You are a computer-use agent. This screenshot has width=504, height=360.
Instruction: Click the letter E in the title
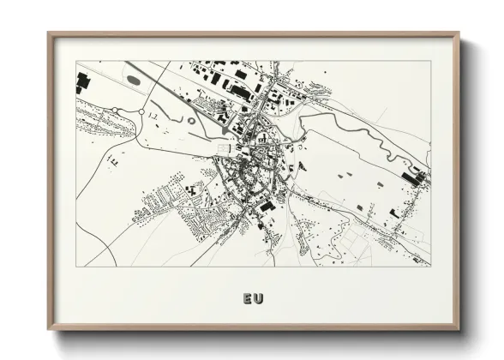click(248, 299)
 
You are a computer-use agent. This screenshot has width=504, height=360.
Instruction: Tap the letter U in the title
click(259, 299)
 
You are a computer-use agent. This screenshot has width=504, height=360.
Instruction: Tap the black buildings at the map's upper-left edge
click(82, 82)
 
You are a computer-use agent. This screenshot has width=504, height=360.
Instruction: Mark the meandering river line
click(360, 137)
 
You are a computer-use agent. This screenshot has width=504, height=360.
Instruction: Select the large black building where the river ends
click(420, 177)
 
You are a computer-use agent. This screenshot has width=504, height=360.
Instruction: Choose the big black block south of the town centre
click(267, 207)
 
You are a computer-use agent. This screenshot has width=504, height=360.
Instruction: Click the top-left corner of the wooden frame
click(49, 34)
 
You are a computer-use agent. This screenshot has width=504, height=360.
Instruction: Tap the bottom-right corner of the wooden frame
click(458, 328)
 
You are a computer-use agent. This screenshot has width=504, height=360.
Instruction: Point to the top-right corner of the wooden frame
click(458, 34)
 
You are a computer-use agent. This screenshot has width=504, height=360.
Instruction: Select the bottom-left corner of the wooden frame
click(49, 328)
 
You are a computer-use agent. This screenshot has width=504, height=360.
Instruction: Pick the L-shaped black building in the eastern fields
click(393, 213)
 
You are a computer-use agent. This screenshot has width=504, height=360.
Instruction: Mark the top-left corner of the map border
click(76, 61)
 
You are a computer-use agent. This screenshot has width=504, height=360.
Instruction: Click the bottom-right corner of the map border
click(430, 266)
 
